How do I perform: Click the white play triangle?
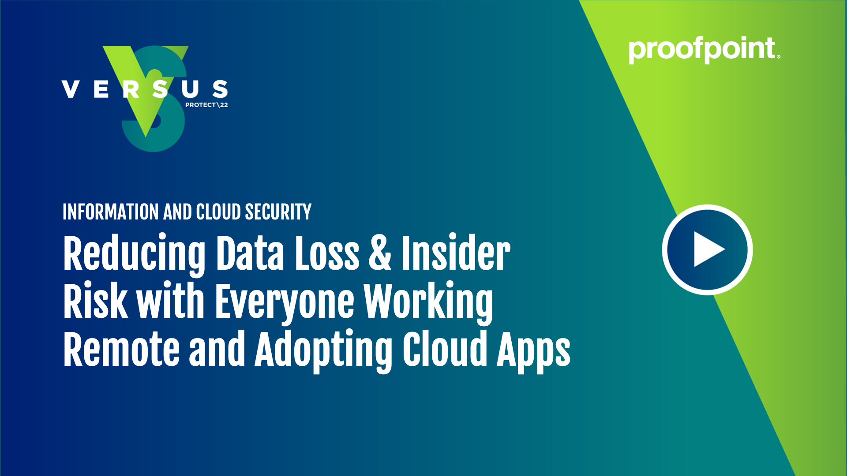coord(708,249)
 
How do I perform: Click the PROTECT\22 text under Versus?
coord(206,105)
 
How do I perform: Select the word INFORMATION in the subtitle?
coord(110,212)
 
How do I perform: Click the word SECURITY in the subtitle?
coord(278,212)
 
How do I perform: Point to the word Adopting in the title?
coord(323,350)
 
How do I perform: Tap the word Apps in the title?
coord(533,350)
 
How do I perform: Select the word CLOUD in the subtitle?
coord(218,212)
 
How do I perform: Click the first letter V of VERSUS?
coord(71,89)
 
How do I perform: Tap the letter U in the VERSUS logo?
coord(190,89)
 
